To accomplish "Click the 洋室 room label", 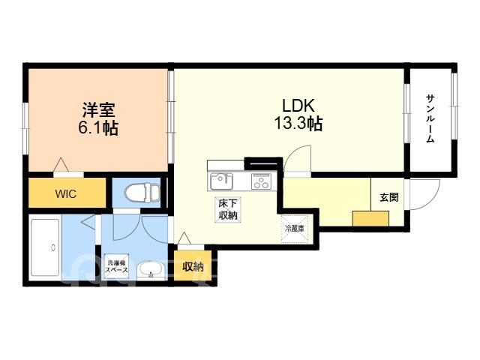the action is [98, 110].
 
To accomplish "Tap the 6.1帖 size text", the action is [98, 128].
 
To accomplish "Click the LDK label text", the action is [298, 106].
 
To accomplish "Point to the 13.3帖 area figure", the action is [298, 124].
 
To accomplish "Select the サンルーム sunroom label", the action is [430, 118].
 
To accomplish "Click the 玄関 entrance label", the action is [389, 197].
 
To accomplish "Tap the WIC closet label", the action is [66, 194].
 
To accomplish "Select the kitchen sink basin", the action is [221, 181].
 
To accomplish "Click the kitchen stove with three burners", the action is [261, 181].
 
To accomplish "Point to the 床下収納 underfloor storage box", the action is [228, 209].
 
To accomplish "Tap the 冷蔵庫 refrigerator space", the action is [294, 229].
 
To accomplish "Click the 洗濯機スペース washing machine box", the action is [117, 266].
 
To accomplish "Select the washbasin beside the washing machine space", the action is [150, 270].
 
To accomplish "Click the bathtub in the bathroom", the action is [45, 247].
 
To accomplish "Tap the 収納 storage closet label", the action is [193, 267].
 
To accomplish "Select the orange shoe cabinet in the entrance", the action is [370, 218].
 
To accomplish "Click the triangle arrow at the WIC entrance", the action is [61, 164].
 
